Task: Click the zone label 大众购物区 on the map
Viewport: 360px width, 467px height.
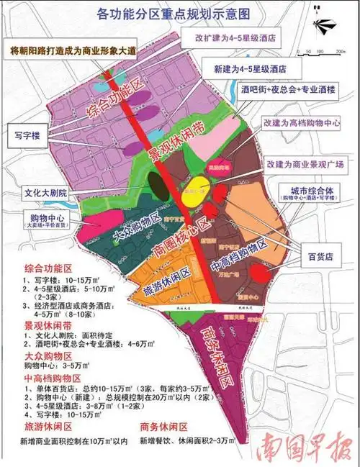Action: click(136, 226)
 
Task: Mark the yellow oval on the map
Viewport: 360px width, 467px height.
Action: click(194, 191)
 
